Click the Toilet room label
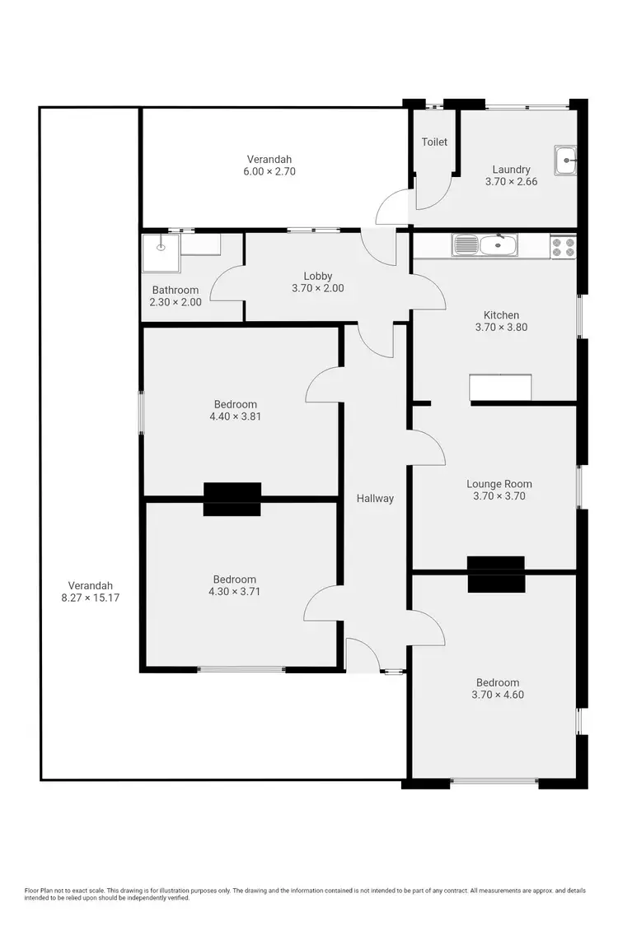[x=434, y=142]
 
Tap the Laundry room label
[x=512, y=170]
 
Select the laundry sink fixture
[x=566, y=160]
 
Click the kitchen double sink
[x=485, y=244]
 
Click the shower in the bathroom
[x=160, y=252]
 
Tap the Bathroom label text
[x=176, y=290]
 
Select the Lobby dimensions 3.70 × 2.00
[x=318, y=288]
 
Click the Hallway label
[x=375, y=498]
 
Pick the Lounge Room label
[x=499, y=484]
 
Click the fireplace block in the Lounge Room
[x=496, y=574]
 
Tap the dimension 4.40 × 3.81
[x=236, y=416]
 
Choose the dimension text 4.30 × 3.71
[x=235, y=591]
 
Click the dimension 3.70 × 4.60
[x=498, y=694]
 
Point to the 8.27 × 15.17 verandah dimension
[x=91, y=598]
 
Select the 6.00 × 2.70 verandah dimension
[x=269, y=171]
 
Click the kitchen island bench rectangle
[x=500, y=388]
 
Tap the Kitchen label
[x=501, y=315]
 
